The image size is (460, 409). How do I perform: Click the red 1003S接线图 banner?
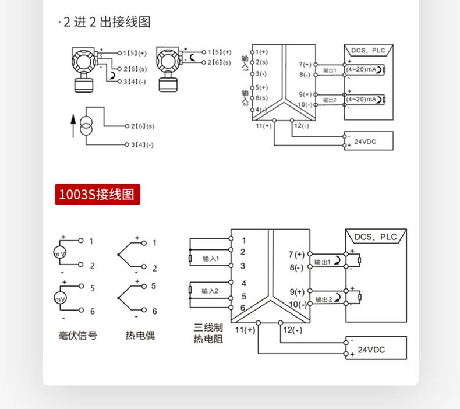(98, 194)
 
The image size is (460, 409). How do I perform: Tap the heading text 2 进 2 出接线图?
(106, 22)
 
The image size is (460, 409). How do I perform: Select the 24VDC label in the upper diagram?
(365, 141)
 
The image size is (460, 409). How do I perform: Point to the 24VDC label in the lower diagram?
(371, 350)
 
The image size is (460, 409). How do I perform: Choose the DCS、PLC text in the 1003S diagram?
(376, 237)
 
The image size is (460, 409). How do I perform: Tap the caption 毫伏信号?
(78, 336)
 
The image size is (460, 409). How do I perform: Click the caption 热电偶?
(140, 336)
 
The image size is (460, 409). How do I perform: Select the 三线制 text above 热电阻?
(208, 328)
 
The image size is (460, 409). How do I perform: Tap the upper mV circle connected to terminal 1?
(60, 255)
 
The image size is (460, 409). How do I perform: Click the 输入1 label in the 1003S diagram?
(211, 259)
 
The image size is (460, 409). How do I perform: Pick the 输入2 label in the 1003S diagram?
(210, 291)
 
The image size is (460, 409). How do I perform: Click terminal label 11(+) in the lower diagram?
(245, 330)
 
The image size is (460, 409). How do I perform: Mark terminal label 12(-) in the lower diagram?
(292, 330)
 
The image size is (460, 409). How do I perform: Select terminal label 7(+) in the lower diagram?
(296, 254)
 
